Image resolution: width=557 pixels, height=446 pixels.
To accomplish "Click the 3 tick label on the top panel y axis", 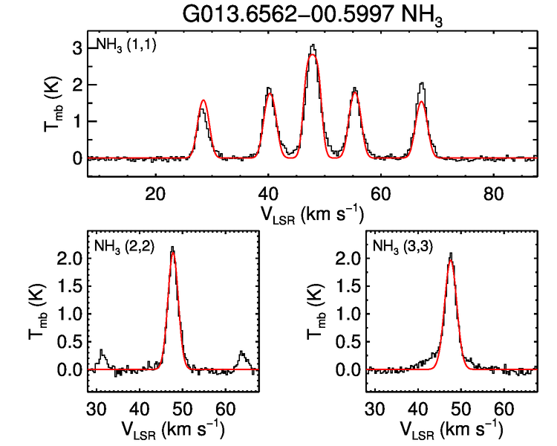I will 77,48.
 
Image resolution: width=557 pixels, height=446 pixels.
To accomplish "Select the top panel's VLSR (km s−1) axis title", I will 312,214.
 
